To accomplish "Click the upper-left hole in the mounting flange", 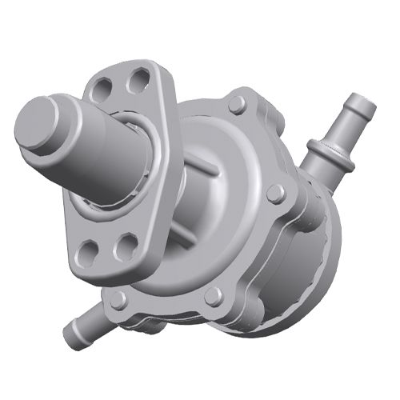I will pos(102,88).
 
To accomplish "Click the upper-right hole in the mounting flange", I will pos(139,78).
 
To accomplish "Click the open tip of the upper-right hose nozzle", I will pos(362,104).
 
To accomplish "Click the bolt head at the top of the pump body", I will pos(237,105).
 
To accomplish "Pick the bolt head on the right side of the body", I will pos(275,194).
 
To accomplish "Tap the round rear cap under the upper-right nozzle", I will pos(312,248).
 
